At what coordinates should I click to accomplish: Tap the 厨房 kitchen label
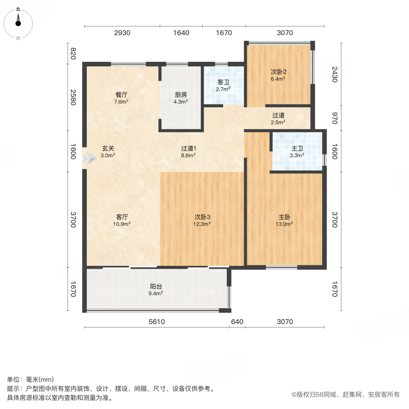point(181,98)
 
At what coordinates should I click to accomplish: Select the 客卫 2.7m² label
point(223,85)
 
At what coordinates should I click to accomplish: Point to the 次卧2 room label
point(278,75)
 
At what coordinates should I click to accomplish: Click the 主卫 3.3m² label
point(297,151)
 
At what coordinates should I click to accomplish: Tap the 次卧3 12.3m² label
point(202,220)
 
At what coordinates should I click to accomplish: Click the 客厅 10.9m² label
point(122,220)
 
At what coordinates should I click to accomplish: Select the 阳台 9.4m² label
point(156,289)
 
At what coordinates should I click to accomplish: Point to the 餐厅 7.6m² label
point(121,98)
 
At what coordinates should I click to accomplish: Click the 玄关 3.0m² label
point(108,151)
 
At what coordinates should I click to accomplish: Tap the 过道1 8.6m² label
point(188,151)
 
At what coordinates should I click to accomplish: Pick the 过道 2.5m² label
point(278,119)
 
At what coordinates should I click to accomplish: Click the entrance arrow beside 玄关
point(86,160)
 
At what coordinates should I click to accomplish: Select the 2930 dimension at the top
point(122,33)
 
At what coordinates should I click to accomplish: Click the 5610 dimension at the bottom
point(156,322)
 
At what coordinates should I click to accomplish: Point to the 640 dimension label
point(237,322)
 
